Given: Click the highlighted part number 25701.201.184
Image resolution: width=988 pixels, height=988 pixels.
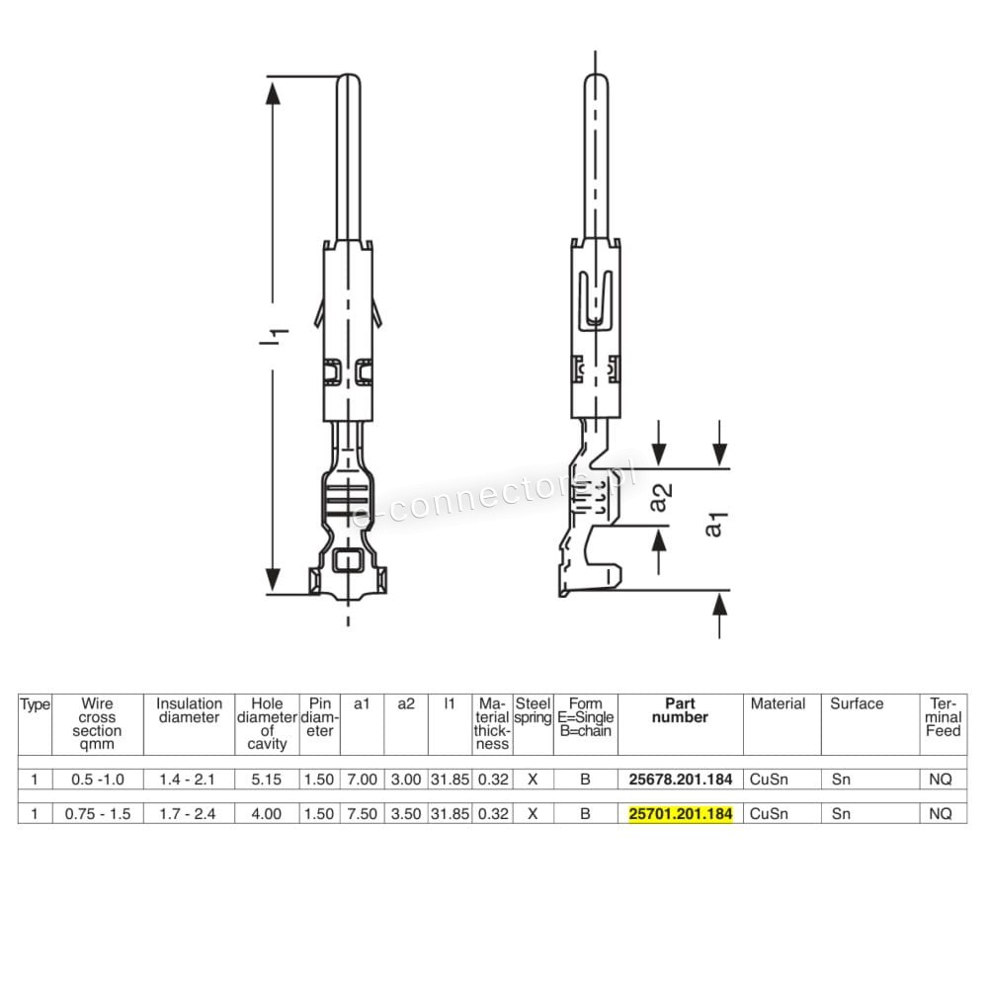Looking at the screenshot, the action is (x=681, y=813).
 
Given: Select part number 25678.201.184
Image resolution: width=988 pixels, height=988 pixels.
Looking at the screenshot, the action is (x=681, y=780).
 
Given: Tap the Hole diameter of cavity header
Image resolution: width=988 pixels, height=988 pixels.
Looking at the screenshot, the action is (x=267, y=723).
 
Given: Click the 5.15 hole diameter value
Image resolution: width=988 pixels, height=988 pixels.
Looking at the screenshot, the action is (x=267, y=780).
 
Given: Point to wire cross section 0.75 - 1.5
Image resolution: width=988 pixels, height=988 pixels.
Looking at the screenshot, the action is (x=98, y=813).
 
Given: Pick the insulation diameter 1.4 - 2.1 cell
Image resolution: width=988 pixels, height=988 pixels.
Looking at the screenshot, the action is (x=187, y=780).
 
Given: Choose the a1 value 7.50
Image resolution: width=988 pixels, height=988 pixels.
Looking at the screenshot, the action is (x=363, y=813).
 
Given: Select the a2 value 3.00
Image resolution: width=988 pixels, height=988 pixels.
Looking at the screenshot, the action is (x=406, y=780).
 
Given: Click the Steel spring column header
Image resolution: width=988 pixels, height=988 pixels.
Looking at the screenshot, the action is (x=534, y=710).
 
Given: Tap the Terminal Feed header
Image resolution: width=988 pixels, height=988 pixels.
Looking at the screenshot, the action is (x=944, y=717).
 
